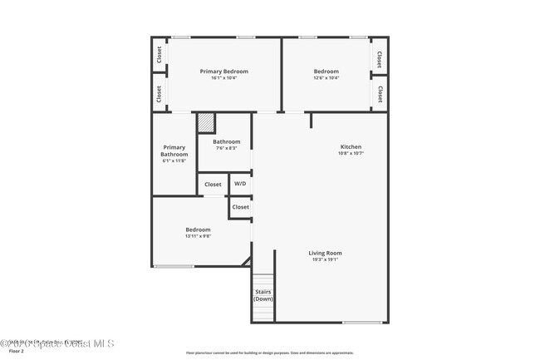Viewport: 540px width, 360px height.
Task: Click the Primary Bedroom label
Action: pos(224,72)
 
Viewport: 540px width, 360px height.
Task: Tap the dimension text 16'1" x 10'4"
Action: pos(224,78)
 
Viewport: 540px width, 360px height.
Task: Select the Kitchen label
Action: pos(351,146)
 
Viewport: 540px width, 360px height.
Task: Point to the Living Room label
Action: pos(325,253)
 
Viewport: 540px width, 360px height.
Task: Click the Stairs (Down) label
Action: pos(263,295)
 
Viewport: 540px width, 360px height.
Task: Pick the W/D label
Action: pos(240,184)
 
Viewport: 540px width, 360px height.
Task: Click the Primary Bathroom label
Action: pos(174,150)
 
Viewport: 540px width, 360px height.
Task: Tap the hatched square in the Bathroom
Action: pos(206,123)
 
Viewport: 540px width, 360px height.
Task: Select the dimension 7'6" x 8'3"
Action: pos(227,148)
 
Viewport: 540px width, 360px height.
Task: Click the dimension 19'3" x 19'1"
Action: pos(325,259)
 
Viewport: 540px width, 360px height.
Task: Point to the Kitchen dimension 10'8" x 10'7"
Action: pos(351,153)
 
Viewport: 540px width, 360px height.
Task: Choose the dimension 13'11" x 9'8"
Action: pos(198,236)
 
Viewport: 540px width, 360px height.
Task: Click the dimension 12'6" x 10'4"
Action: pos(326,78)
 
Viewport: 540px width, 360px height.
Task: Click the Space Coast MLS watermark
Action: pos(57,343)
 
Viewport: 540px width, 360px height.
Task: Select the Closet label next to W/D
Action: pos(213,184)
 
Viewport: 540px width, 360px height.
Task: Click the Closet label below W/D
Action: pos(240,206)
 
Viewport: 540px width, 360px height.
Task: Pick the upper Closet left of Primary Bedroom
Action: pos(159,54)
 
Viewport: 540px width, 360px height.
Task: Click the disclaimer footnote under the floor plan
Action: pos(269,352)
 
